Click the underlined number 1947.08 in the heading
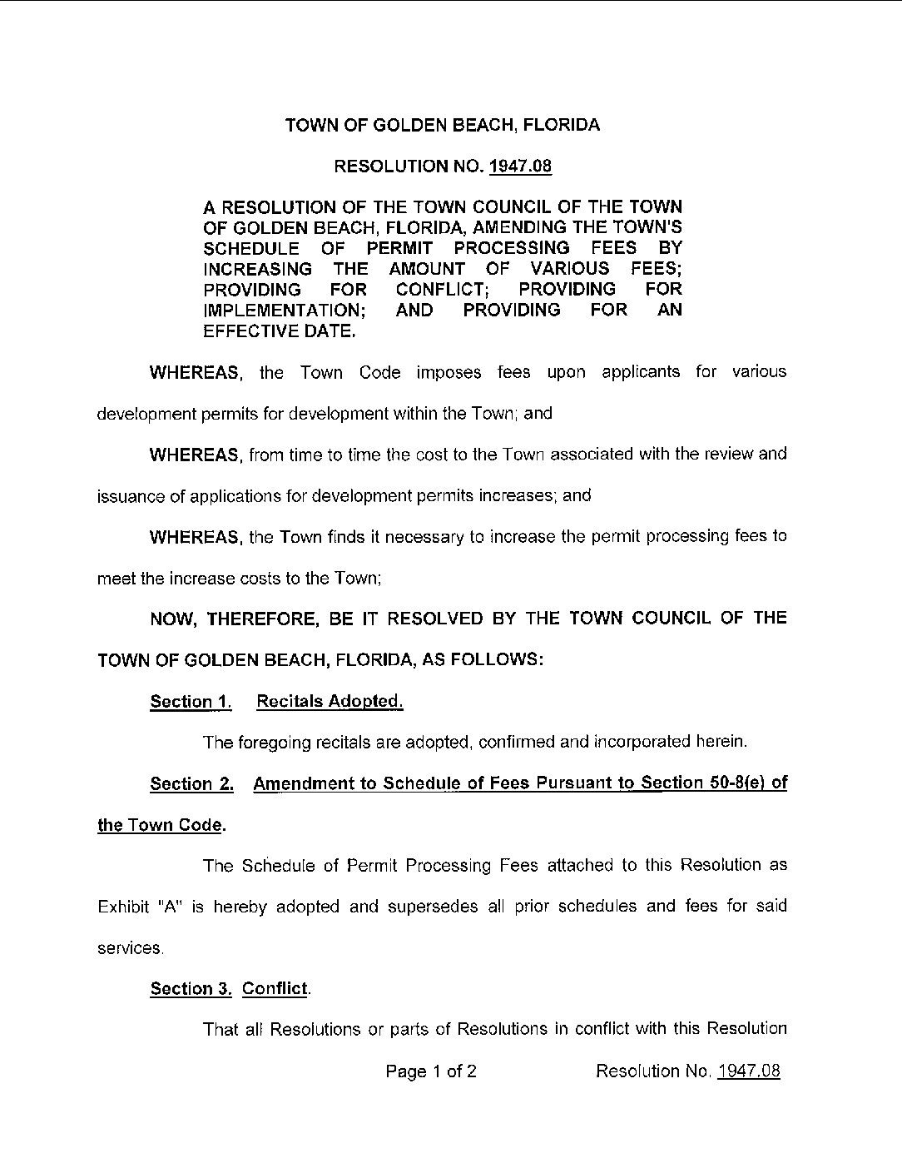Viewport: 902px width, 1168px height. pyautogui.click(x=520, y=167)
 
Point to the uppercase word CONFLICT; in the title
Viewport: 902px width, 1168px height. pyautogui.click(x=442, y=290)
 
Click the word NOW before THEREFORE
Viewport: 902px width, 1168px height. pyautogui.click(x=172, y=619)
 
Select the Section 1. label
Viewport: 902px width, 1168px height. pyautogui.click(x=191, y=702)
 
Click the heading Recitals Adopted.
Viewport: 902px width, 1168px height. pyautogui.click(x=330, y=701)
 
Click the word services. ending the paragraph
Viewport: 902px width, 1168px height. pyautogui.click(x=131, y=948)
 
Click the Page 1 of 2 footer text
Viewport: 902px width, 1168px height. pyautogui.click(x=431, y=1071)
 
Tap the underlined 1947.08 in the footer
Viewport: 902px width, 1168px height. pyautogui.click(x=749, y=1071)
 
